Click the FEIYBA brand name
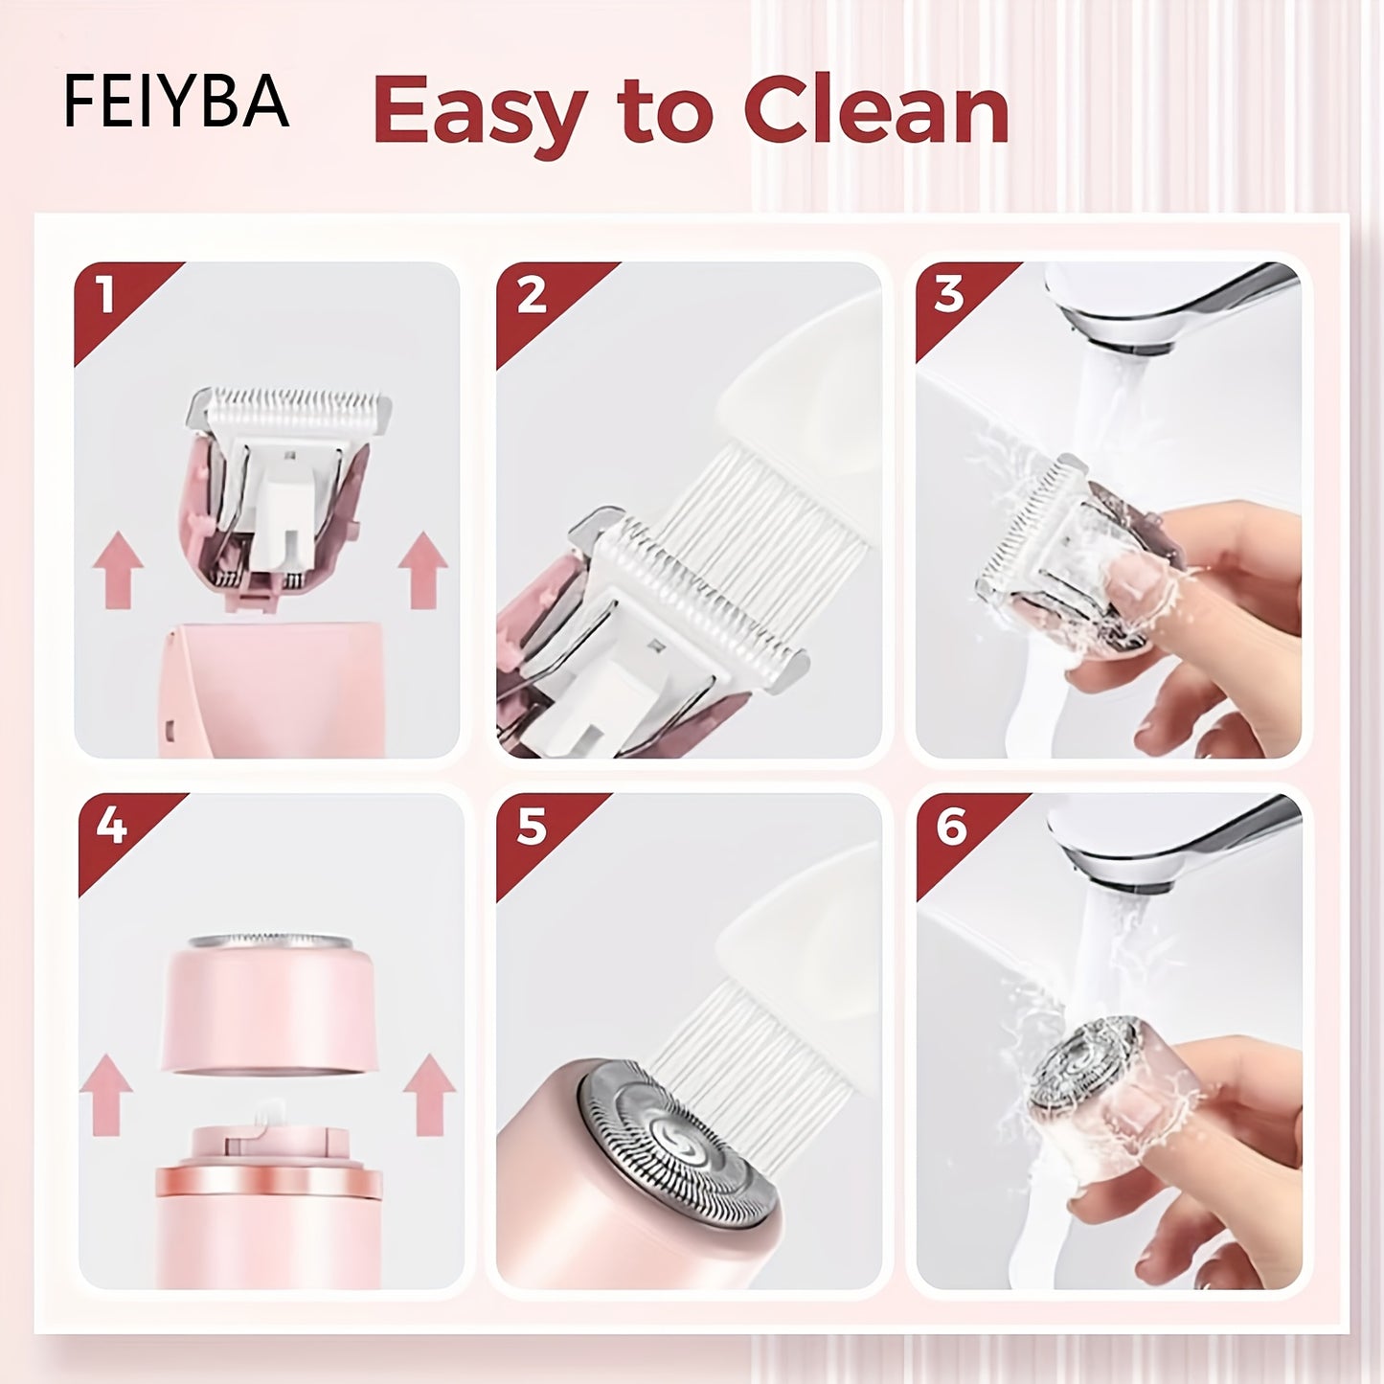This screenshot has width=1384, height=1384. coord(176,102)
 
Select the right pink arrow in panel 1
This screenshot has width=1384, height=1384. coord(422,571)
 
